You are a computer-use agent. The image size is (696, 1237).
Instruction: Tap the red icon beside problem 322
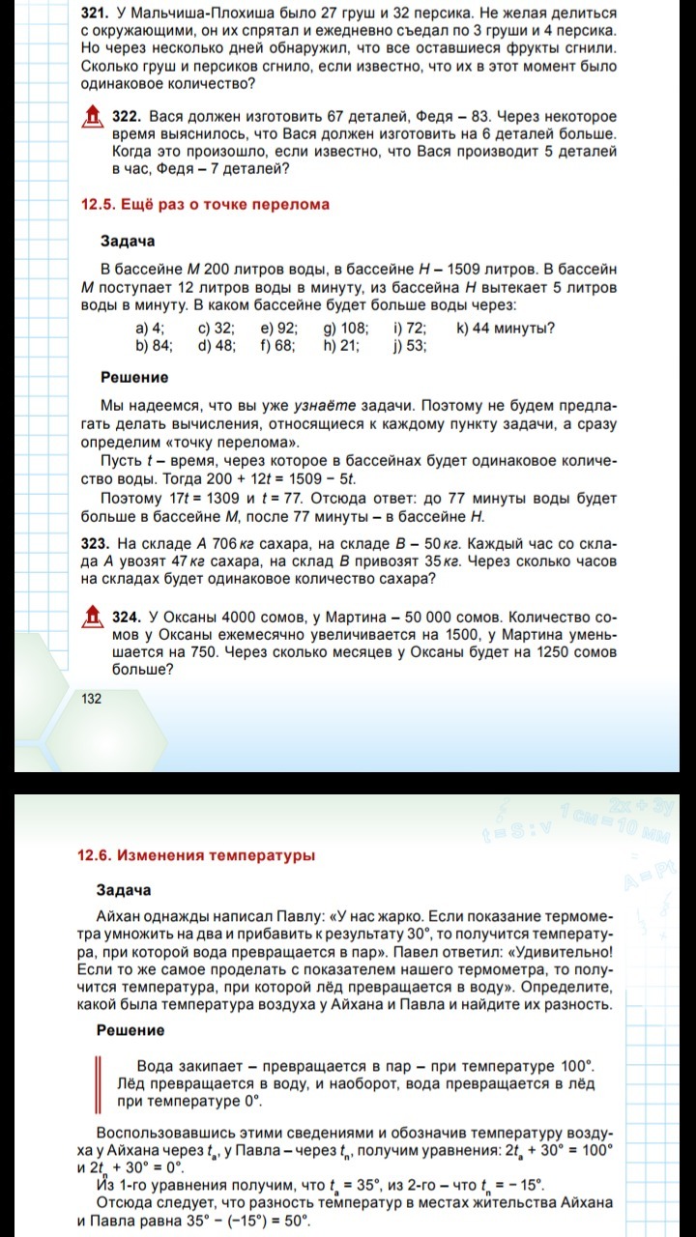(x=92, y=118)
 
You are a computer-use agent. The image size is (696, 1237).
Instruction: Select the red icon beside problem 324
(x=92, y=616)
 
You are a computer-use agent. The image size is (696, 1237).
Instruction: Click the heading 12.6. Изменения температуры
(x=196, y=855)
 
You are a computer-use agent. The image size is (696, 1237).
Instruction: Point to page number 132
(x=92, y=699)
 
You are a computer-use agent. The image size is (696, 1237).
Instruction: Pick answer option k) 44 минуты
(x=505, y=328)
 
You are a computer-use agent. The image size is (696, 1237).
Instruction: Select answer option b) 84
(x=154, y=345)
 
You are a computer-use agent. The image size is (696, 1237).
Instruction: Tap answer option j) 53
(x=409, y=345)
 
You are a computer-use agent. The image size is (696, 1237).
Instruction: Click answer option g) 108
(x=339, y=328)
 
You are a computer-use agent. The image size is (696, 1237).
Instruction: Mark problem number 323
(x=97, y=544)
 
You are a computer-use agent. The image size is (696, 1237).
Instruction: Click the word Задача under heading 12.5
(x=128, y=241)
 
